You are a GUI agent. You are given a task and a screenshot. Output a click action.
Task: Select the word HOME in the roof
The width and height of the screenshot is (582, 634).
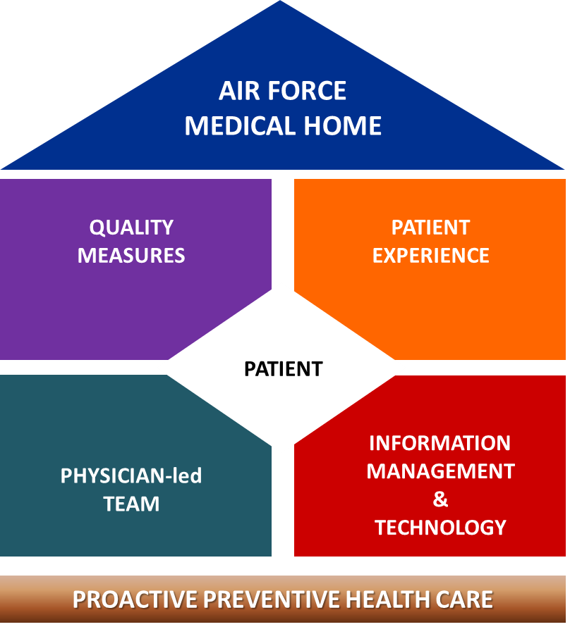(x=346, y=126)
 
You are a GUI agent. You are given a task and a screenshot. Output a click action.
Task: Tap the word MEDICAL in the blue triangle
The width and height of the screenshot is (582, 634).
(x=243, y=126)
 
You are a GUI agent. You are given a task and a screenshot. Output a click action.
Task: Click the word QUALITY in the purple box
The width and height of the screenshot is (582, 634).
(x=131, y=228)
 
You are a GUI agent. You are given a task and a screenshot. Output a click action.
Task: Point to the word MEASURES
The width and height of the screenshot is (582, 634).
(x=131, y=255)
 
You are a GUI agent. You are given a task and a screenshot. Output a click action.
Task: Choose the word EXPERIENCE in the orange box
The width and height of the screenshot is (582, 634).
(x=430, y=255)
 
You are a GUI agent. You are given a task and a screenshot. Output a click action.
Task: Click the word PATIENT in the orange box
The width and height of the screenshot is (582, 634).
(x=430, y=228)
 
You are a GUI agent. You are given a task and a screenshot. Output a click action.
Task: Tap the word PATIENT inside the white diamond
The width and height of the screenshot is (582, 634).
(x=283, y=368)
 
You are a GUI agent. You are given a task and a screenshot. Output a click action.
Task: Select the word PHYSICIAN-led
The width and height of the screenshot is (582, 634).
(x=131, y=476)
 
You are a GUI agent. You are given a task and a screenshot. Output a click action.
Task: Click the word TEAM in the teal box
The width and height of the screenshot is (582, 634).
(x=131, y=504)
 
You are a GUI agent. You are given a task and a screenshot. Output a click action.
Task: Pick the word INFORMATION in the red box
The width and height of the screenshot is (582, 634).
(x=439, y=443)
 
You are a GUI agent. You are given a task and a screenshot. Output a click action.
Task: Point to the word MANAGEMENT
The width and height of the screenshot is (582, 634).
(x=440, y=471)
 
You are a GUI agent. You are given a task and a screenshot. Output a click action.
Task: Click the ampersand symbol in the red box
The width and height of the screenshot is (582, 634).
(x=440, y=499)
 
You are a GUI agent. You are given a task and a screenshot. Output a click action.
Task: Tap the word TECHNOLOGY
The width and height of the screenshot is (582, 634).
(x=440, y=527)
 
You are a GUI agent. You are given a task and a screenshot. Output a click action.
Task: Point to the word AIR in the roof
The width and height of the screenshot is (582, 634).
(x=236, y=91)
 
